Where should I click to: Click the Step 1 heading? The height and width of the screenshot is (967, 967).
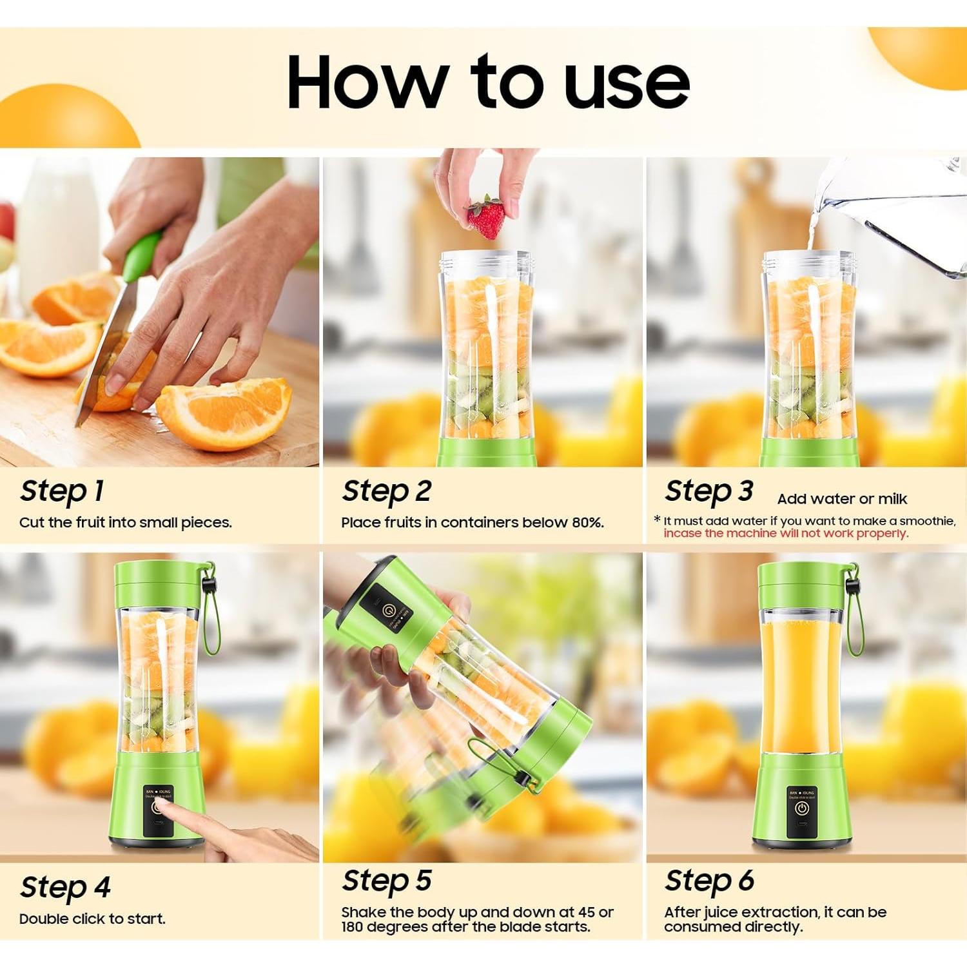pyautogui.click(x=62, y=491)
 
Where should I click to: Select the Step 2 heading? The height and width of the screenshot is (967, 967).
pyautogui.click(x=386, y=491)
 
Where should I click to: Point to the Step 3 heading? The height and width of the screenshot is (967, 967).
pyautogui.click(x=708, y=491)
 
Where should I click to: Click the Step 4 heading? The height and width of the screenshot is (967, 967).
pyautogui.click(x=65, y=887)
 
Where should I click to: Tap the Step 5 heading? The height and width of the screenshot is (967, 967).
pyautogui.click(x=386, y=881)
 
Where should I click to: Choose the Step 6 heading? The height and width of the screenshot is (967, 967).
pyautogui.click(x=709, y=881)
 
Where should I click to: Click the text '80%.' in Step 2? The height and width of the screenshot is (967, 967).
pyautogui.click(x=587, y=523)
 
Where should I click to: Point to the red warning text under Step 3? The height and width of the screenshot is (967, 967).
pyautogui.click(x=785, y=534)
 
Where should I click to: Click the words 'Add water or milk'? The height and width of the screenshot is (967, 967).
pyautogui.click(x=841, y=499)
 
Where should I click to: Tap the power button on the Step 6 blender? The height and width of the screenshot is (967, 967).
pyautogui.click(x=801, y=808)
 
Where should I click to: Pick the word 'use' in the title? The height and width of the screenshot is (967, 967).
pyautogui.click(x=626, y=82)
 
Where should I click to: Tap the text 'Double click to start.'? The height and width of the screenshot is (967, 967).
pyautogui.click(x=92, y=919)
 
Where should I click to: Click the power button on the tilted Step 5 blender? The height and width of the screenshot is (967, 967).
pyautogui.click(x=389, y=610)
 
